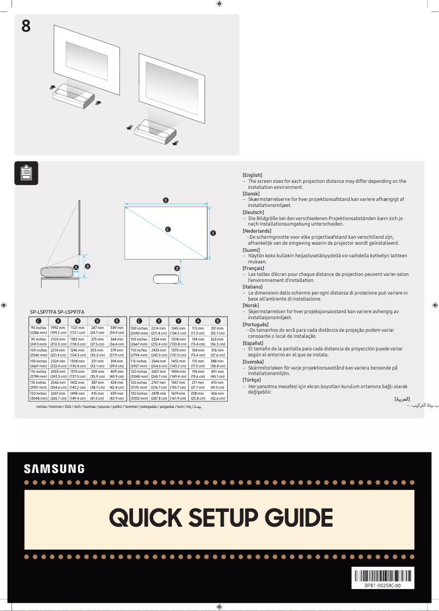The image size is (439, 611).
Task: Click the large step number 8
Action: tap(26, 26)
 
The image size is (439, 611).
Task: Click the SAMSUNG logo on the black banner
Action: tap(54, 469)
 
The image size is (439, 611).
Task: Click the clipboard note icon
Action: tap(26, 173)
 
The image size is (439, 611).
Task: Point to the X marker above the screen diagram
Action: tap(165, 200)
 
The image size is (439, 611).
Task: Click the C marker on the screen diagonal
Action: tap(167, 229)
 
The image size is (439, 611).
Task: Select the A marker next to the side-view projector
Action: tap(76, 267)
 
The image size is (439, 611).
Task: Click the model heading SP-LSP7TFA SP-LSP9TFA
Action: tap(57, 312)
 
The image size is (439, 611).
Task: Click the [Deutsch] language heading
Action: tap(253, 212)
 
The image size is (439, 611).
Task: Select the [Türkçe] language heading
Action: tap(252, 380)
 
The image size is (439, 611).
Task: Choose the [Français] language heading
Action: tap(253, 268)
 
